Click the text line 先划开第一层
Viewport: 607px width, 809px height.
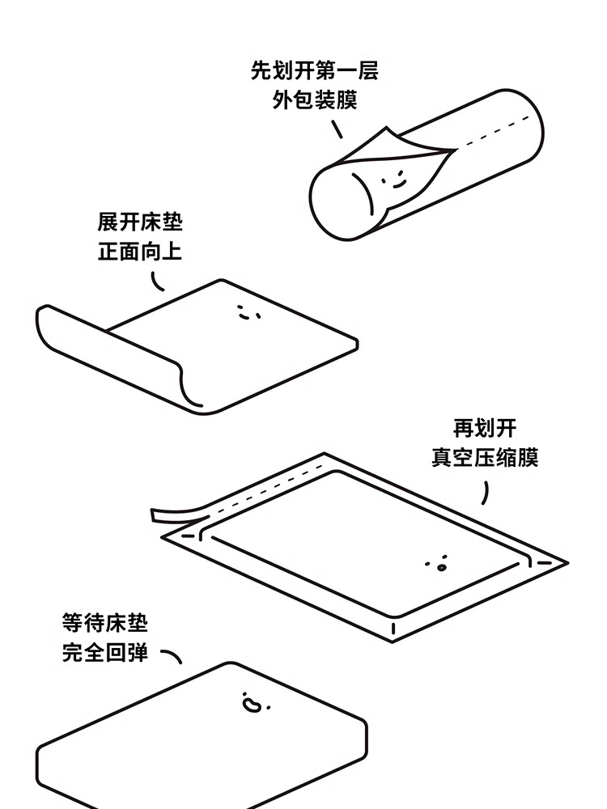pyautogui.click(x=314, y=70)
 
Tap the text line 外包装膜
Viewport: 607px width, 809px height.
pyautogui.click(x=314, y=101)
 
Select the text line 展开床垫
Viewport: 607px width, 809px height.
pyautogui.click(x=140, y=221)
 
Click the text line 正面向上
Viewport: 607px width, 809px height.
pyautogui.click(x=140, y=252)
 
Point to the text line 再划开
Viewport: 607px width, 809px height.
pyautogui.click(x=484, y=427)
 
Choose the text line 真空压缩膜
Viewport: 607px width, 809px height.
pyautogui.click(x=484, y=458)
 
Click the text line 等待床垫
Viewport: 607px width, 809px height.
pyautogui.click(x=105, y=622)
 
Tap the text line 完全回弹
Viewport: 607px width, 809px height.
pyautogui.click(x=105, y=652)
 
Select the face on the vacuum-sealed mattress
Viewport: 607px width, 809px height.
pyautogui.click(x=437, y=562)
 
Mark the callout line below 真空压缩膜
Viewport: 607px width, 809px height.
pyautogui.click(x=486, y=491)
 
